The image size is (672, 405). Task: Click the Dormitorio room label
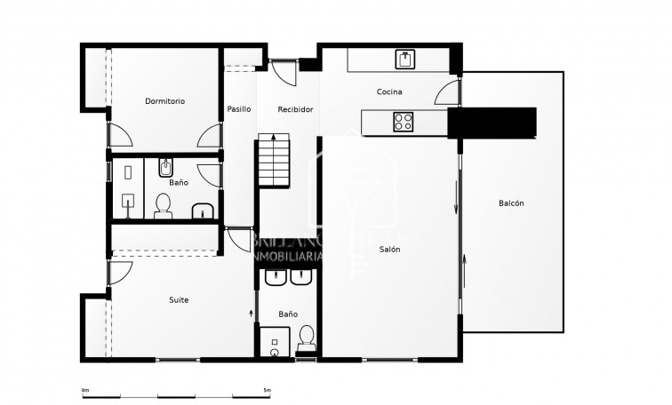[164, 101]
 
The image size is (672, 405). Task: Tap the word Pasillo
[238, 109]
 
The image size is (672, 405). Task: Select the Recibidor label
[294, 109]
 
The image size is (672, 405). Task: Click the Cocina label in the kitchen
[389, 92]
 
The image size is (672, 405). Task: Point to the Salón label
[389, 250]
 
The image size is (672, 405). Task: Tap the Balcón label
[511, 203]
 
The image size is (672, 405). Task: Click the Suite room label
[179, 300]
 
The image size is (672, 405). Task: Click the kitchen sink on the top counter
[405, 60]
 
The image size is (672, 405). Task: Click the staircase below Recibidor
[275, 160]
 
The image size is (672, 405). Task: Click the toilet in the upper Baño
[163, 206]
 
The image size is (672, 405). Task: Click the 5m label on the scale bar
[267, 390]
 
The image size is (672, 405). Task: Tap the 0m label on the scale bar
[84, 390]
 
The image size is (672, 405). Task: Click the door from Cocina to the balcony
[450, 92]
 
